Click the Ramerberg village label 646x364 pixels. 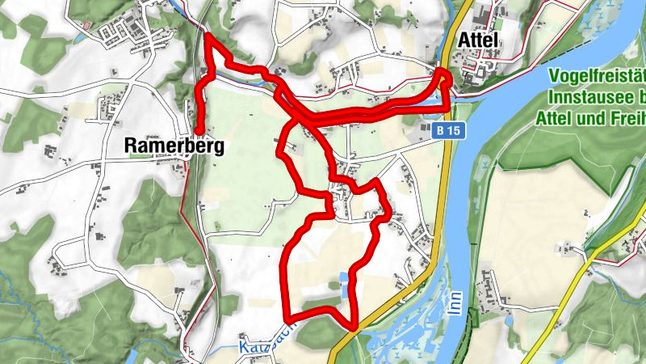click(x=174, y=146)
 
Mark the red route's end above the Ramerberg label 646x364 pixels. click(x=197, y=129)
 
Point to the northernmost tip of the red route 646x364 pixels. click(x=208, y=36)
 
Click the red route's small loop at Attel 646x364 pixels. click(x=445, y=81)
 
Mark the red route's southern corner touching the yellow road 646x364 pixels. click(x=353, y=326)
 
